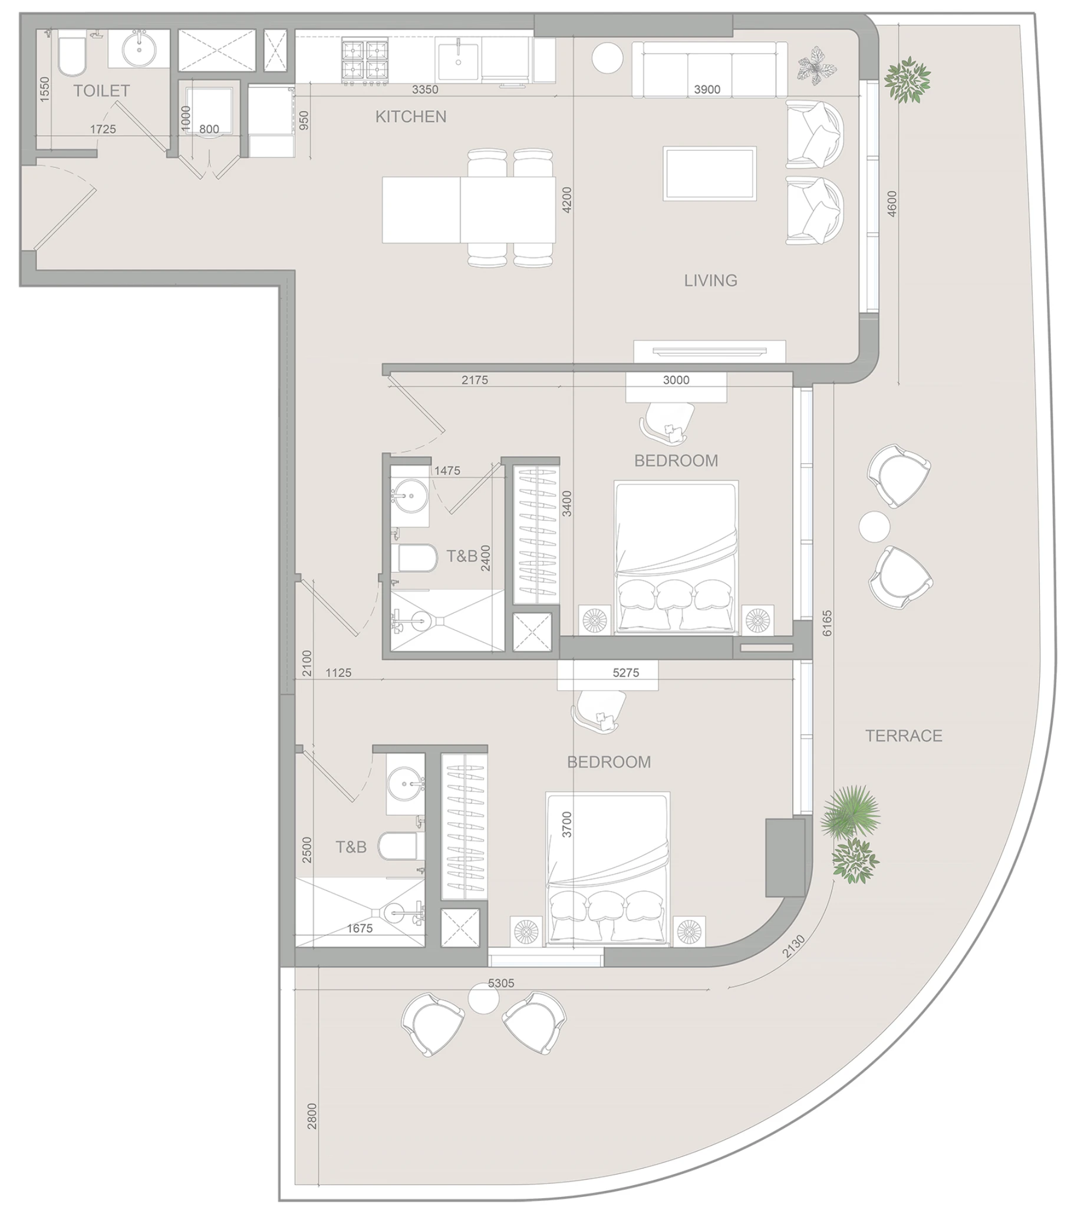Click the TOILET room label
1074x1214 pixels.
coord(101,91)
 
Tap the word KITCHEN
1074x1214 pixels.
coord(410,117)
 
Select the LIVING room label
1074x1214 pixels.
coord(710,281)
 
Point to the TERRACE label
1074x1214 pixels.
coord(904,736)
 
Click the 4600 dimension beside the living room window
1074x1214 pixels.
coord(892,204)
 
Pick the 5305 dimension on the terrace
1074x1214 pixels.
coord(501,983)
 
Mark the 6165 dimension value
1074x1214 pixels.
coord(827,624)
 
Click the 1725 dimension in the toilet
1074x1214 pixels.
coord(103,129)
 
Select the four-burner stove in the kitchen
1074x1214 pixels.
coord(364,60)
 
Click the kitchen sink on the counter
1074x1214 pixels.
coord(458,60)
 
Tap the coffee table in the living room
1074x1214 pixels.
coord(710,173)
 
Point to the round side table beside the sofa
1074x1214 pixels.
coord(607,58)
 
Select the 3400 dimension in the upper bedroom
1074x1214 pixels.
coord(567,504)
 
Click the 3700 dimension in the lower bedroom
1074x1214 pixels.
coord(566,824)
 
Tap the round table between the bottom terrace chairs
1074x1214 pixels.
coord(483,999)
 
